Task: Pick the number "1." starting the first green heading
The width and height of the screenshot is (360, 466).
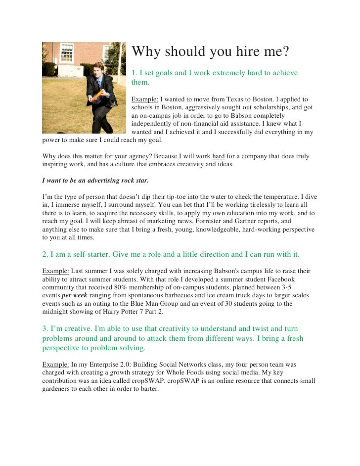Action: pos(134,73)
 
